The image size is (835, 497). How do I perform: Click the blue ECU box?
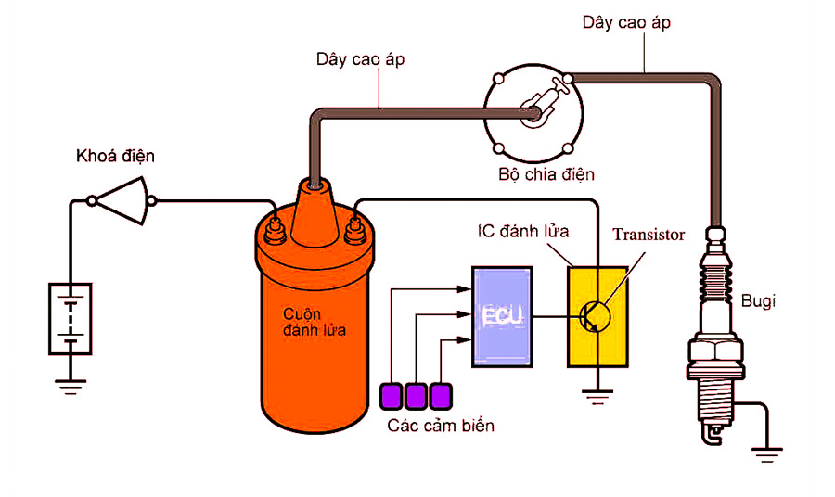[503, 315]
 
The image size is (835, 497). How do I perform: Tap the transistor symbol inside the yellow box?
[595, 316]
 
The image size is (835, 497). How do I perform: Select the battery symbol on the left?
[70, 318]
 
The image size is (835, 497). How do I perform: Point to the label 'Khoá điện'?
[115, 157]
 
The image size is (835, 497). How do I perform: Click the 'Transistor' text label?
[649, 235]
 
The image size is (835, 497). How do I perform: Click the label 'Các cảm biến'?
[441, 426]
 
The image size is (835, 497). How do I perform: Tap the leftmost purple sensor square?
[392, 396]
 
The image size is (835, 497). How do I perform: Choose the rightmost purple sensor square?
[441, 396]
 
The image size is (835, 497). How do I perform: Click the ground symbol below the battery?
[70, 384]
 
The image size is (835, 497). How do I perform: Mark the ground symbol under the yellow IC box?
[598, 396]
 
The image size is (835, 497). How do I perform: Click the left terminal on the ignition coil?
[275, 226]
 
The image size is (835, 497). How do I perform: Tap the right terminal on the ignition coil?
[353, 226]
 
